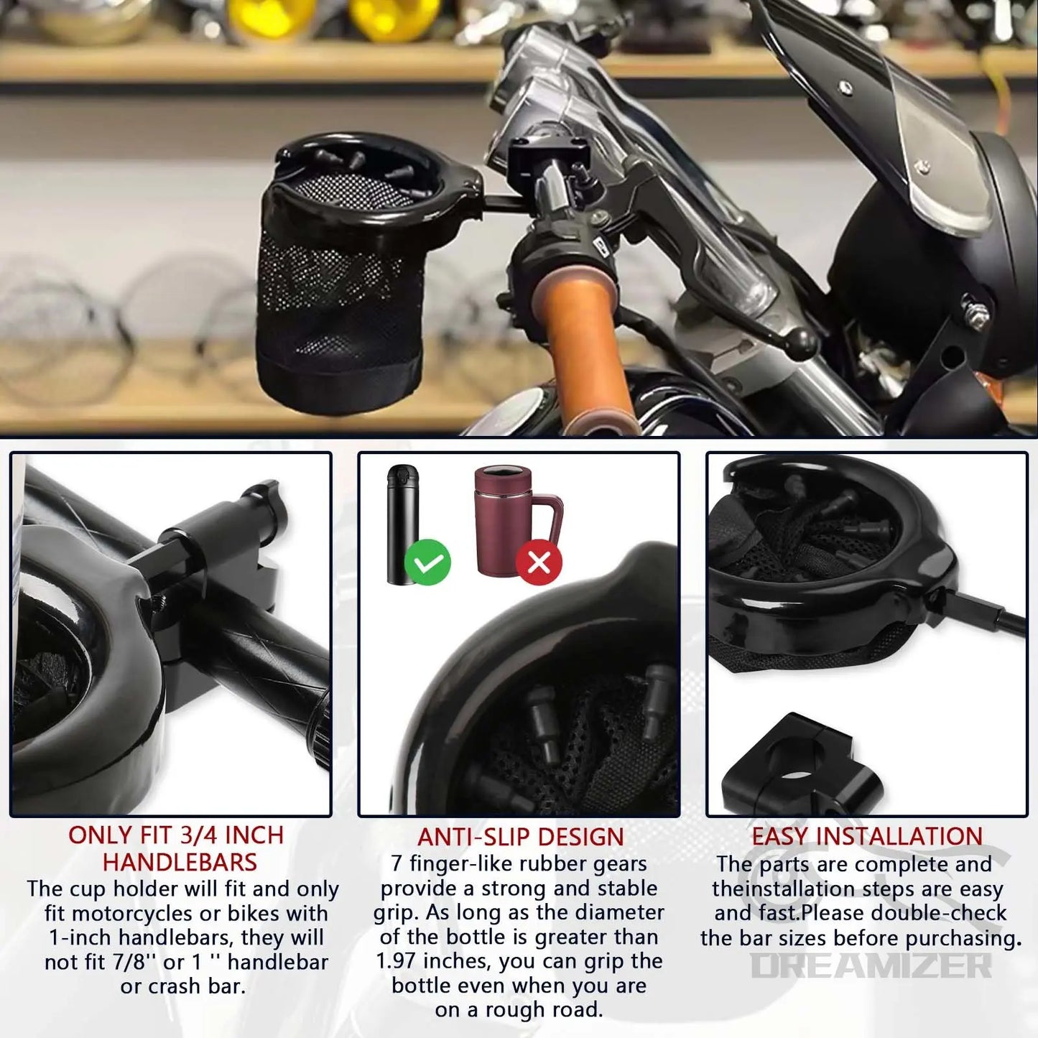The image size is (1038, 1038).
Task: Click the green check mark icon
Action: (x=427, y=562)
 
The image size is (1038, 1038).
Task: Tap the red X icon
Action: (x=539, y=562)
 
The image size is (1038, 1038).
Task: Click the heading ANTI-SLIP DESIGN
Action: (x=520, y=837)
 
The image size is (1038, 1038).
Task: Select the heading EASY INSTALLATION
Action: (x=866, y=836)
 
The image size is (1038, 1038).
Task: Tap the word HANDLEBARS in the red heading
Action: (x=180, y=861)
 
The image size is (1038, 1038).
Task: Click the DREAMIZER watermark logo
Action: (x=871, y=966)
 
